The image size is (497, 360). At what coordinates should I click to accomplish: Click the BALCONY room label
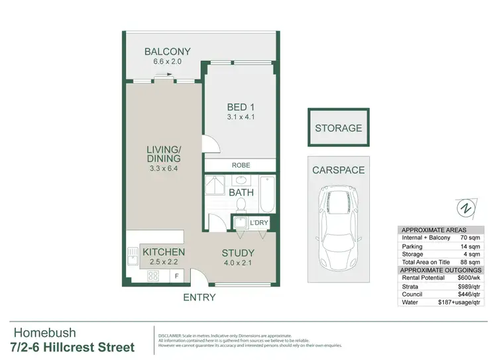click(168, 52)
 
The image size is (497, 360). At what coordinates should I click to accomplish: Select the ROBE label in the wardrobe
click(240, 165)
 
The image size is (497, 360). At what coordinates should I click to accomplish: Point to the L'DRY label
click(258, 222)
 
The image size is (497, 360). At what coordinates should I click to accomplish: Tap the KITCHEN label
click(164, 252)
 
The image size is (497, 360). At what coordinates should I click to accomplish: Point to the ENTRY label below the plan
click(199, 297)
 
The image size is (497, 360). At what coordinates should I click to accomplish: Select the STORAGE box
click(338, 128)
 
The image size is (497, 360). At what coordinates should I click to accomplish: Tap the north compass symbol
click(467, 208)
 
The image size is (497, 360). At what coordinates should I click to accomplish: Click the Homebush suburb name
click(45, 333)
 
